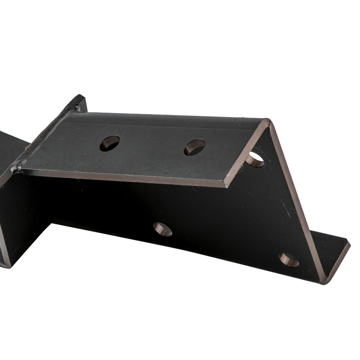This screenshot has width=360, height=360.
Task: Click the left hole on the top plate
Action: pyautogui.click(x=109, y=143)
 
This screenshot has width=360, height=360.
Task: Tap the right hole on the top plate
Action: pyautogui.click(x=194, y=147)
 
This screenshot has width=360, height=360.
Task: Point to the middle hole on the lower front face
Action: pyautogui.click(x=162, y=229)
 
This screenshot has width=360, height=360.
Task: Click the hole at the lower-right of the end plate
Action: pyautogui.click(x=289, y=260)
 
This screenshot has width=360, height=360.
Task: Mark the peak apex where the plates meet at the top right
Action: pyautogui.click(x=268, y=121)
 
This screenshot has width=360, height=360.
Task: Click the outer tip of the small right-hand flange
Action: pyautogui.click(x=348, y=244)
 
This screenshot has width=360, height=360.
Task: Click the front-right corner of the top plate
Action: pyautogui.click(x=226, y=186)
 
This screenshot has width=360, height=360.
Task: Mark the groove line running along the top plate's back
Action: pyautogui.click(x=162, y=124)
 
